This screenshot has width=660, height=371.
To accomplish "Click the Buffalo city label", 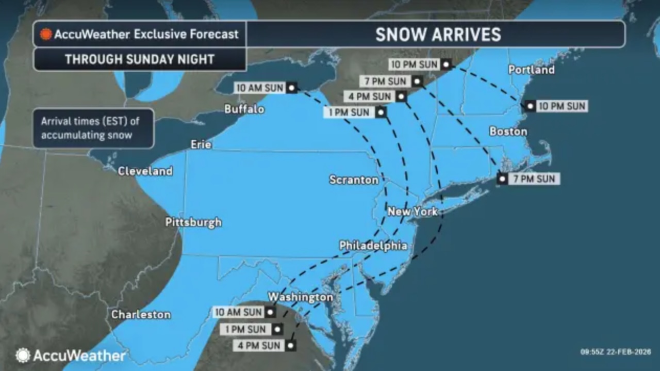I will pyautogui.click(x=244, y=109).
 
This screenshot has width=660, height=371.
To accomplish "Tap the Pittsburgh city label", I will pyautogui.click(x=193, y=222).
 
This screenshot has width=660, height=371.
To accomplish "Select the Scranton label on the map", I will pyautogui.click(x=354, y=180).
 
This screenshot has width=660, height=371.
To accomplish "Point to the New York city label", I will pyautogui.click(x=412, y=211).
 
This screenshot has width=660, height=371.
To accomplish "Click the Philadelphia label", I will pyautogui.click(x=373, y=246).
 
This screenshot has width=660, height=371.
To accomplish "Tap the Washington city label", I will pyautogui.click(x=300, y=297).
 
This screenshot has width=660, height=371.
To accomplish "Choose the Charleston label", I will pyautogui.click(x=141, y=314).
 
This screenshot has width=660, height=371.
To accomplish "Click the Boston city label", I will pyautogui.click(x=508, y=132).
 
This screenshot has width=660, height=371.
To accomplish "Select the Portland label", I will pyautogui.click(x=531, y=70).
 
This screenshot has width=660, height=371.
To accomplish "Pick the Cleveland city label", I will pyautogui.click(x=145, y=171).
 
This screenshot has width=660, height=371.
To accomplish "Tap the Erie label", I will pyautogui.click(x=201, y=144).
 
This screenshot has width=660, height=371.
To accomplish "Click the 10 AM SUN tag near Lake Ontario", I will pyautogui.click(x=260, y=88).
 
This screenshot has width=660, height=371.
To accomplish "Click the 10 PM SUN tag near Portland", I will pyautogui.click(x=562, y=106).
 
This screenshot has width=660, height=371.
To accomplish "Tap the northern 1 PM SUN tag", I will pyautogui.click(x=349, y=112).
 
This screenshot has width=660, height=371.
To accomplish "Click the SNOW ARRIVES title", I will pyautogui.click(x=438, y=35).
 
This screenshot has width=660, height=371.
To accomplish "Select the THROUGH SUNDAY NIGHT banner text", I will pyautogui.click(x=139, y=59).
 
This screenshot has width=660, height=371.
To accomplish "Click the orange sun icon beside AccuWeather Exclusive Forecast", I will pyautogui.click(x=46, y=35).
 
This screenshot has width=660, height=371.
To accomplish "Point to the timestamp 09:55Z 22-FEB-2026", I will pyautogui.click(x=615, y=352).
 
